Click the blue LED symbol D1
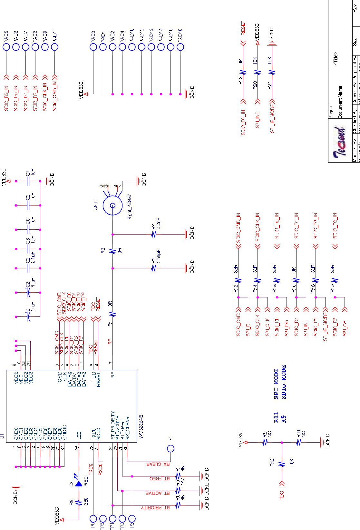[78, 483]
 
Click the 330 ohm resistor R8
[78, 503]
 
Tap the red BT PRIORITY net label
[155, 508]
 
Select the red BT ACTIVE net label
[158, 493]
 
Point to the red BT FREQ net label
[160, 479]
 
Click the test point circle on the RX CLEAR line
[170, 448]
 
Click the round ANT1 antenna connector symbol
[112, 205]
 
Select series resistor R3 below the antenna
[112, 251]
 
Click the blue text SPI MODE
[276, 384]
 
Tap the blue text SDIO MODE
[284, 382]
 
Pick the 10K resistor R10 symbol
[282, 464]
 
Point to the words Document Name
[341, 102]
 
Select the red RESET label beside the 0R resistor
[243, 28]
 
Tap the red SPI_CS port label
[345, 328]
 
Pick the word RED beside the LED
[86, 481]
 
